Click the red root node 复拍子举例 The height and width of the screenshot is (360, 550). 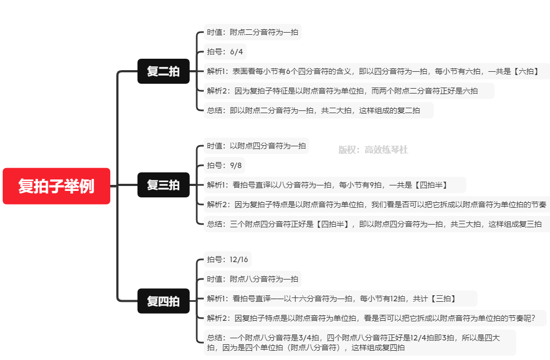click(57, 186)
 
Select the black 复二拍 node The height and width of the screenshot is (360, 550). click(163, 71)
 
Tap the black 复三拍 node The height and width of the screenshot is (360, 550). click(163, 185)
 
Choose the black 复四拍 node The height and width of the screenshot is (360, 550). click(163, 301)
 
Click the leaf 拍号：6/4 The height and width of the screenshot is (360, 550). click(225, 52)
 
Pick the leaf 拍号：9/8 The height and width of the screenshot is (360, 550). click(224, 165)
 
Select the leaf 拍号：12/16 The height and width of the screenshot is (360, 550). click(227, 259)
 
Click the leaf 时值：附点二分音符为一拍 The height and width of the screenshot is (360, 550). click(252, 32)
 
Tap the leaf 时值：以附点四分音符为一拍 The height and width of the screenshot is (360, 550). click(256, 146)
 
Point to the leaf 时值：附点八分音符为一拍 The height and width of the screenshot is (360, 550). click(252, 279)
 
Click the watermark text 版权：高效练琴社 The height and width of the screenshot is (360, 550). click(373, 150)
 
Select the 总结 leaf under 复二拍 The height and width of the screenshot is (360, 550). click(318, 110)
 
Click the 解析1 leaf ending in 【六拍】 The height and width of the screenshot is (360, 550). click(373, 71)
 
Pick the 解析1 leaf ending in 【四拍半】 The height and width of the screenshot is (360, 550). click(334, 185)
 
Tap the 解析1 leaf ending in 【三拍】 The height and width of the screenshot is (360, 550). click(340, 299)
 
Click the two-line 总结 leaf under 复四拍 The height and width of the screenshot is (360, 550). click(359, 343)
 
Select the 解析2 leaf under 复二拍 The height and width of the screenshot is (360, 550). click(348, 91)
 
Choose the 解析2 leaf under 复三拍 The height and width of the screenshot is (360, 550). click(376, 204)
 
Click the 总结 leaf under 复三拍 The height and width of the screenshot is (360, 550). click(376, 224)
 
